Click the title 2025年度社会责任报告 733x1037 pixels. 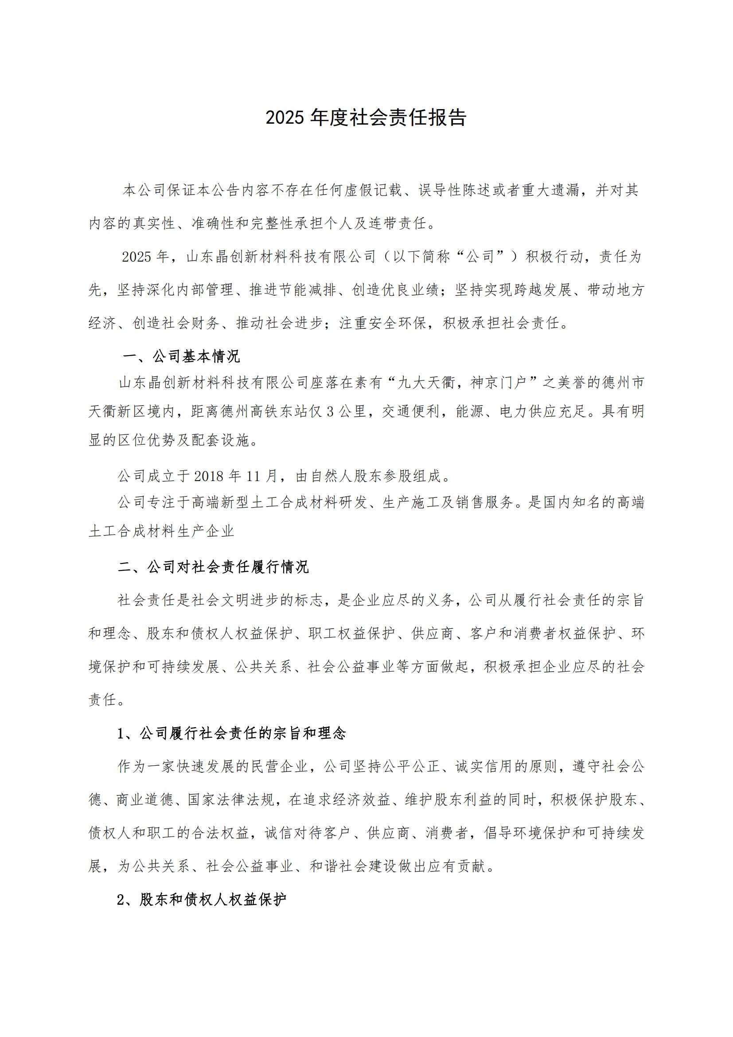pyautogui.click(x=366, y=118)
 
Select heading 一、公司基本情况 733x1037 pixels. pyautogui.click(x=181, y=356)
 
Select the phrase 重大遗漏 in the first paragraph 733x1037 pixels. pyautogui.click(x=551, y=191)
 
